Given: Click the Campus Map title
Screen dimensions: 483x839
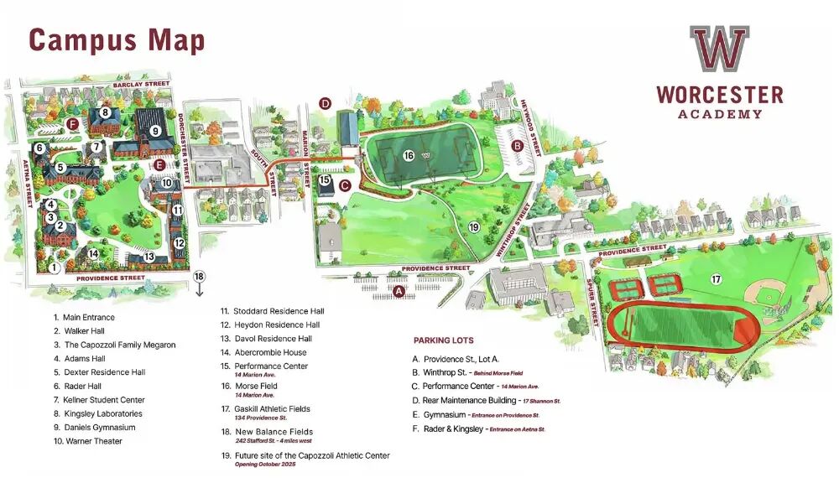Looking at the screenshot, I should pos(117,39).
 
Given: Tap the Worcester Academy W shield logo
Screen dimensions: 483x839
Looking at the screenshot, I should pos(719,48).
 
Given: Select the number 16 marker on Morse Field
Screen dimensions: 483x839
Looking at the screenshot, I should pos(409,155).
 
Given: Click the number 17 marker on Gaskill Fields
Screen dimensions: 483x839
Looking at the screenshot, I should pos(716,278).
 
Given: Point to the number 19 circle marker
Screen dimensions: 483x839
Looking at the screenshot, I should pos(473,227).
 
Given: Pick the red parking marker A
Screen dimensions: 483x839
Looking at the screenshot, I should pos(399,291).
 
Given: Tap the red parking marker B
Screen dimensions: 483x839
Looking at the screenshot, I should pos(518,145).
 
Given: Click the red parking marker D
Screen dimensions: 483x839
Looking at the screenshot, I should pos(326,104).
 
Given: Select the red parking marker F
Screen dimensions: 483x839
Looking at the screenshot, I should pos(72,125).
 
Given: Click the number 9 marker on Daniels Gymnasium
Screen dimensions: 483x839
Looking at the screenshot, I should pos(154,130).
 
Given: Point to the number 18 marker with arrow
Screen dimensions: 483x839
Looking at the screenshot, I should pos(199,277).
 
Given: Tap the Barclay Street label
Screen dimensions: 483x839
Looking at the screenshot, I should pos(136,85).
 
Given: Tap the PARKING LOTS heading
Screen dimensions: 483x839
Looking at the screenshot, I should pos(443,340).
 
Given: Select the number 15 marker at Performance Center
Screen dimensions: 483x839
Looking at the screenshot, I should pos(325,179).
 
